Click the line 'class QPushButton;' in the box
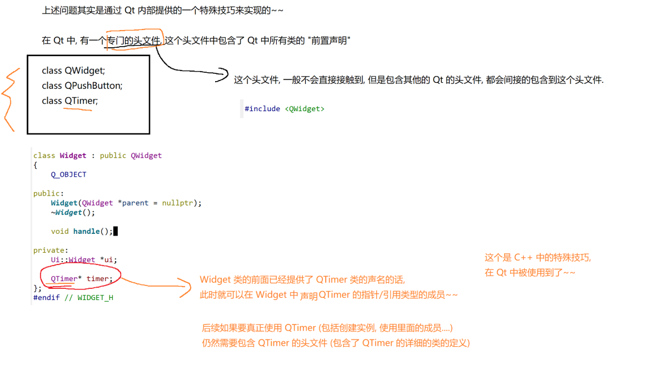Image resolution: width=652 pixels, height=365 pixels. (82, 86)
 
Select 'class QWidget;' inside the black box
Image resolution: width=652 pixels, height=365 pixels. (73, 71)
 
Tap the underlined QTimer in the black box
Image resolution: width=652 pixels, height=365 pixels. (81, 101)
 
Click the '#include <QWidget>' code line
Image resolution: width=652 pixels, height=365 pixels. (284, 109)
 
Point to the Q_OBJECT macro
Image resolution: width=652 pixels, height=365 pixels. (68, 174)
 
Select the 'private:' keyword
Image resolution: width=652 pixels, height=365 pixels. (51, 250)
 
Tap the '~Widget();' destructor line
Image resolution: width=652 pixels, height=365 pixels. (73, 212)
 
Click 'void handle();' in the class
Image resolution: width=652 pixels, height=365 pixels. (82, 231)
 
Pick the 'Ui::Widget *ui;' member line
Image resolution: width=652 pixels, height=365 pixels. (84, 259)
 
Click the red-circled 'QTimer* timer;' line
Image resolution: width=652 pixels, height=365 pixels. (81, 278)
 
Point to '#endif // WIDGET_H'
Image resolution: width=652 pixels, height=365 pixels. (73, 297)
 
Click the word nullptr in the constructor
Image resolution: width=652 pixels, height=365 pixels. (179, 203)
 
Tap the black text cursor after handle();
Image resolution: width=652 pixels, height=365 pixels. (116, 231)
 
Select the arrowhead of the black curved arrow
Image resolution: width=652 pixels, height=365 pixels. (223, 74)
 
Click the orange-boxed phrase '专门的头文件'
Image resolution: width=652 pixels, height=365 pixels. (135, 41)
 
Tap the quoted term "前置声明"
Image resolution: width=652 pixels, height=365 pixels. (329, 41)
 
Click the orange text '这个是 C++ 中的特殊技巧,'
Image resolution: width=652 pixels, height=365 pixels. (537, 258)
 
